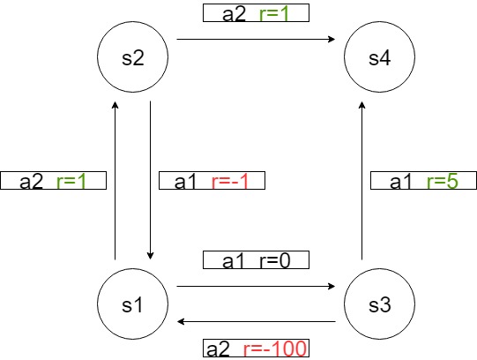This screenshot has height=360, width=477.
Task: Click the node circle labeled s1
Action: [132, 304]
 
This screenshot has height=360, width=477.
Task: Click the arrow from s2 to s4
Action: [256, 39]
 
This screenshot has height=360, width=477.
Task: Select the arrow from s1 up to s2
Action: [116, 176]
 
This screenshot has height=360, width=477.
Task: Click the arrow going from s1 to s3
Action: [256, 287]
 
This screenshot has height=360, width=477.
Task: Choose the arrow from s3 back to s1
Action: [256, 322]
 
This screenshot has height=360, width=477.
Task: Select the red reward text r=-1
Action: [231, 181]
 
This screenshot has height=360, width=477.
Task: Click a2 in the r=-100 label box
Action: [217, 349]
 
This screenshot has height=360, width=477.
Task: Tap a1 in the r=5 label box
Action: [401, 181]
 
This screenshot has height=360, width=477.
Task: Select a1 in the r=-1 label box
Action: [186, 181]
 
